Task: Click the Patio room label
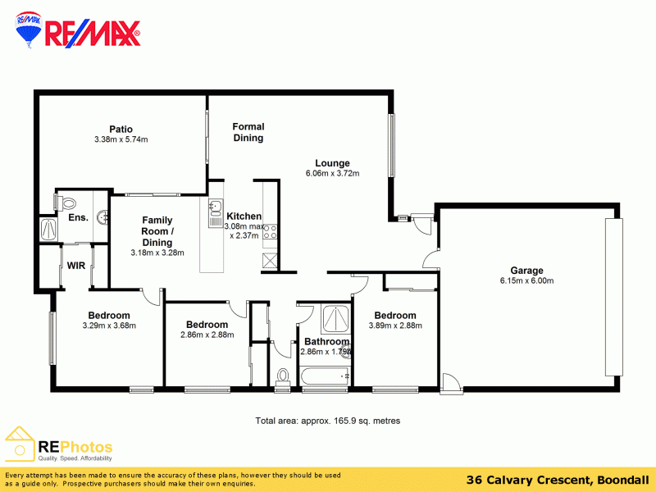coord(121,129)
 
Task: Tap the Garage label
coord(526,271)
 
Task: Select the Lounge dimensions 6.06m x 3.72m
coord(332,174)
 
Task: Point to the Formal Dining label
coord(248,132)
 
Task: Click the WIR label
coord(76,266)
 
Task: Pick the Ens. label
coord(78,217)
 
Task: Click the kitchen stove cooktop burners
coord(270,232)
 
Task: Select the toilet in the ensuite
coord(66,201)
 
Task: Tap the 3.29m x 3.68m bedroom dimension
coord(109,326)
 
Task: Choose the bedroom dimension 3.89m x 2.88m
coord(395,326)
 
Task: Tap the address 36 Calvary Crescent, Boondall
coord(558,480)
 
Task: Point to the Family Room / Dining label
coord(157,231)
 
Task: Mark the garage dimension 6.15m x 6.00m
coord(526,281)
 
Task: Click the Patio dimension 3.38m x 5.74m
coord(121,139)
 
